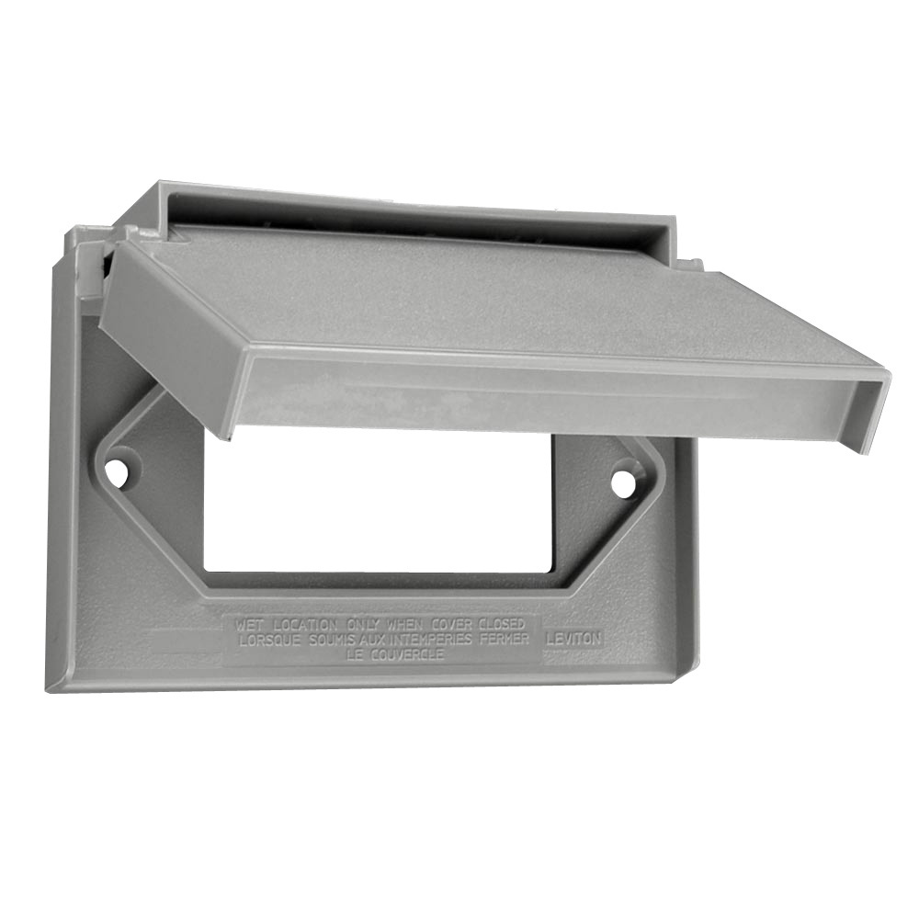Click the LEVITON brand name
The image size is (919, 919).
click(573, 636)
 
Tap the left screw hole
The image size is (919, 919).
click(116, 471)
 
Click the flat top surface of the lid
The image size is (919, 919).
click(478, 294)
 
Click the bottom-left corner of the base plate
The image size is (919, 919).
click(51, 686)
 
